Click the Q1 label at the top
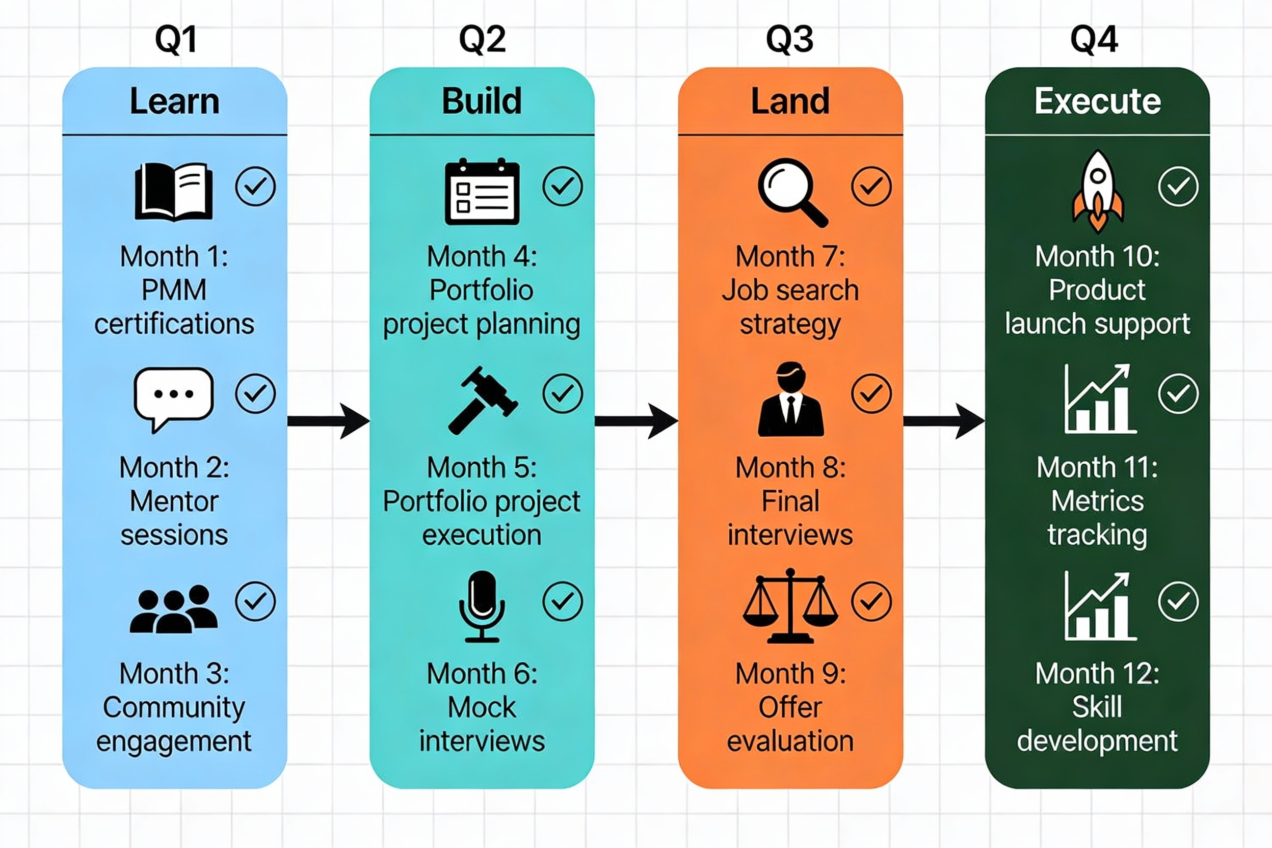[175, 39]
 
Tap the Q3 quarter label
[789, 39]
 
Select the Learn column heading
[175, 101]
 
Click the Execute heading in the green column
[1097, 101]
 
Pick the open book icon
[174, 192]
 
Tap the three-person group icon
[174, 609]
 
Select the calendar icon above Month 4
[482, 192]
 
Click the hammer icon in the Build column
[482, 400]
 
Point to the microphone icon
[482, 606]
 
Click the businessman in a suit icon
[791, 400]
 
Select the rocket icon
[1098, 191]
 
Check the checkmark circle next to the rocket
[1178, 187]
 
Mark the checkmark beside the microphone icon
[563, 601]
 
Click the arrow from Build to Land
[635, 421]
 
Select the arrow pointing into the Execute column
[943, 421]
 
